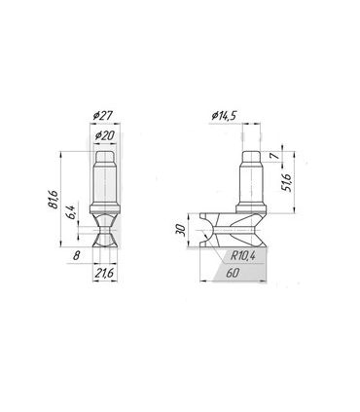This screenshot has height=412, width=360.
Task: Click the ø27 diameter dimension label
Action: (102, 116)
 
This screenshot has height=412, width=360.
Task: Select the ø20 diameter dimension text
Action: (105, 135)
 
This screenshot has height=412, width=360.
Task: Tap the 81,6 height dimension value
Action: (54, 199)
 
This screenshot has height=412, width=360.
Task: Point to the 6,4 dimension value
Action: (72, 211)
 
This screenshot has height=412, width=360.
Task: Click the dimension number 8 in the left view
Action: (76, 255)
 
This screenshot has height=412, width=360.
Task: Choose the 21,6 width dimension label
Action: (104, 273)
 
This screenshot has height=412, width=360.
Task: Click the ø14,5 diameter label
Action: (225, 115)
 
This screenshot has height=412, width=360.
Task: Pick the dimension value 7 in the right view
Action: (275, 155)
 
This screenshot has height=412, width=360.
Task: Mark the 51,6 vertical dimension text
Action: (287, 182)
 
